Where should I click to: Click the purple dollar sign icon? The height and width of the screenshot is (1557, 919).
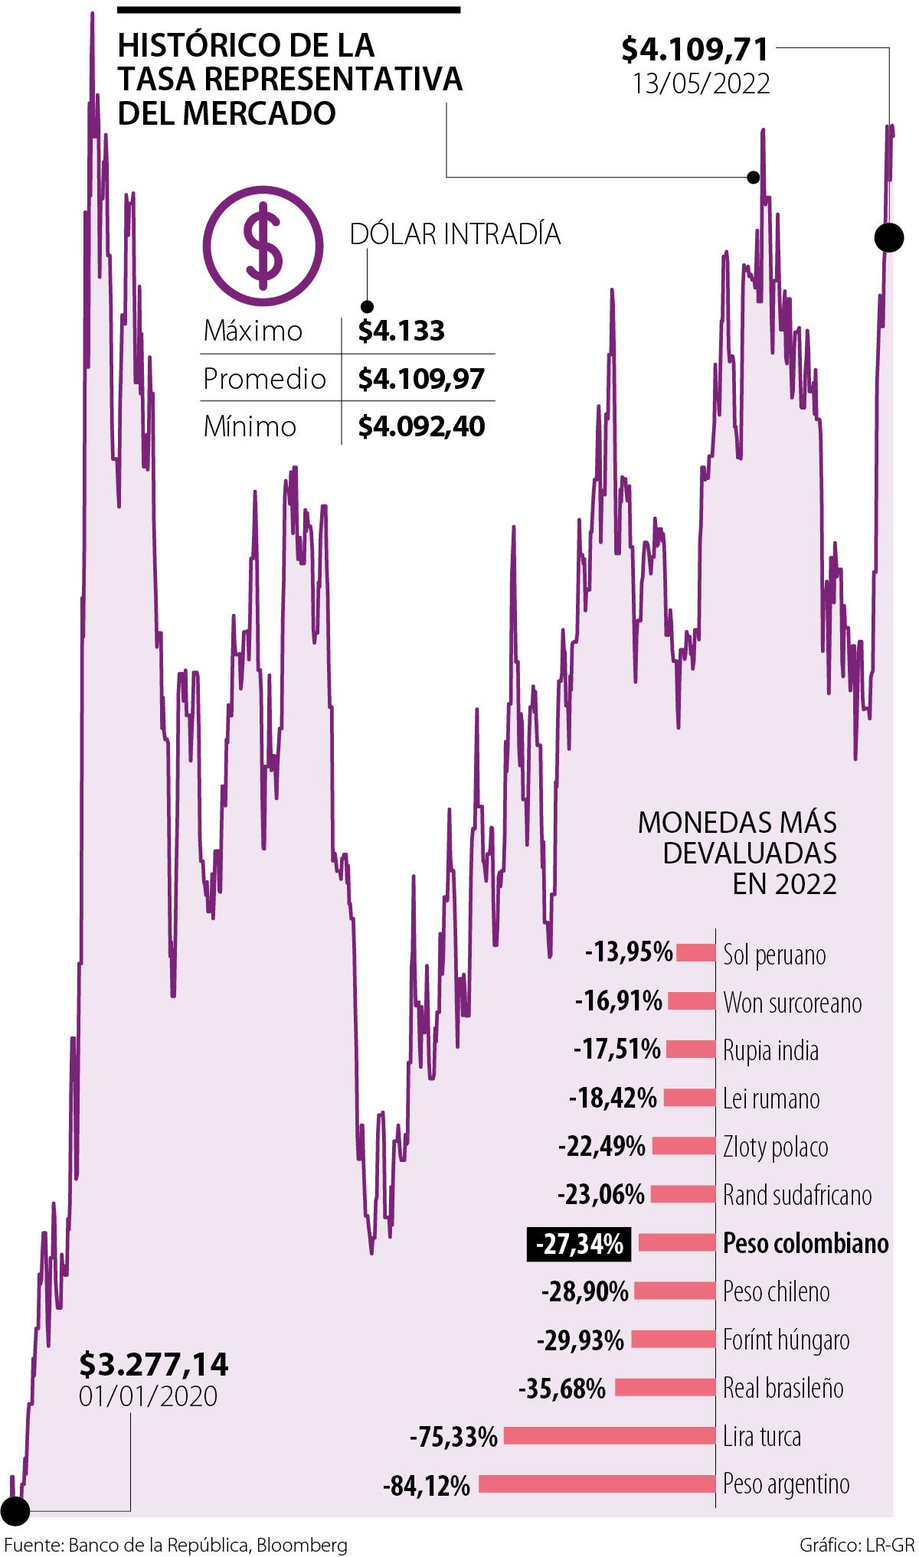point(263,246)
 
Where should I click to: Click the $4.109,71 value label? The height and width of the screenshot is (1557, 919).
point(695,49)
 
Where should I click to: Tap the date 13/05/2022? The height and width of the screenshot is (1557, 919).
point(701,83)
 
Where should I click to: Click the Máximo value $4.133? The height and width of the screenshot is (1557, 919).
point(401,331)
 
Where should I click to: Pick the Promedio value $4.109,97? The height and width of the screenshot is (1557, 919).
point(421,378)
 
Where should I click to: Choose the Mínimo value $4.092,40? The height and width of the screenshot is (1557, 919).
point(421,426)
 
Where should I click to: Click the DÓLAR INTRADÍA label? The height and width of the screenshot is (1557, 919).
point(455,233)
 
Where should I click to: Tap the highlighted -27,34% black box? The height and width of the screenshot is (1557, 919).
point(579,1244)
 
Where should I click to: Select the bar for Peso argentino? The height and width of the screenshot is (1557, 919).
point(597,1484)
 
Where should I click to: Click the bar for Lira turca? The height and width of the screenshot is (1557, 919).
point(609,1436)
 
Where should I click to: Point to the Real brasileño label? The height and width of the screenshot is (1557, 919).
point(783,1388)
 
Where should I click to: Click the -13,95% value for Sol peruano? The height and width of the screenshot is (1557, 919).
point(629,952)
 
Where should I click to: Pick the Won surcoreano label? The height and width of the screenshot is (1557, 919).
point(792,1003)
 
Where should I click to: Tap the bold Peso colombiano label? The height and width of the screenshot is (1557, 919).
point(806,1243)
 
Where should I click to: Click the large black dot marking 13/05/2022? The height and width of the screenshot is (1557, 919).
point(888,237)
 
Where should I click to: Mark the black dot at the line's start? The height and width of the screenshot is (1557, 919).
point(15,1511)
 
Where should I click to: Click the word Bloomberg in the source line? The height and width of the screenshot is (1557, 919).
point(302,1545)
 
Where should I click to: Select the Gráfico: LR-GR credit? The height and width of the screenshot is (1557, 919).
point(856,1545)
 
